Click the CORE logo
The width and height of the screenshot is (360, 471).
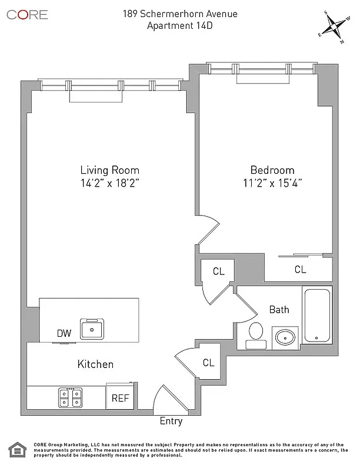[27, 15]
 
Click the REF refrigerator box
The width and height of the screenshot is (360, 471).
[120, 398]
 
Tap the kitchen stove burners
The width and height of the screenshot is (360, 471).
[71, 398]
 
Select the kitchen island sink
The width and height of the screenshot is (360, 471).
[92, 329]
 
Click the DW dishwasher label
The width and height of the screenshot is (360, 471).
[64, 333]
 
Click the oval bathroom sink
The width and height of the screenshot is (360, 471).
[285, 338]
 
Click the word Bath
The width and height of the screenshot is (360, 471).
[279, 309]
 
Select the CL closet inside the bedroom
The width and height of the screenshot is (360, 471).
[300, 270]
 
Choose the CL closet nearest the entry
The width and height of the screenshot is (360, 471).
[208, 363]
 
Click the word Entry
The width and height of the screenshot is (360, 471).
[171, 421]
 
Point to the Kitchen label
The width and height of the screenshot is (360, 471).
[95, 364]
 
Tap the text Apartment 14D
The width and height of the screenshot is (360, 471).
[180, 25]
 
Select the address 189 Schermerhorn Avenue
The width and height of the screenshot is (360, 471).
[180, 14]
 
